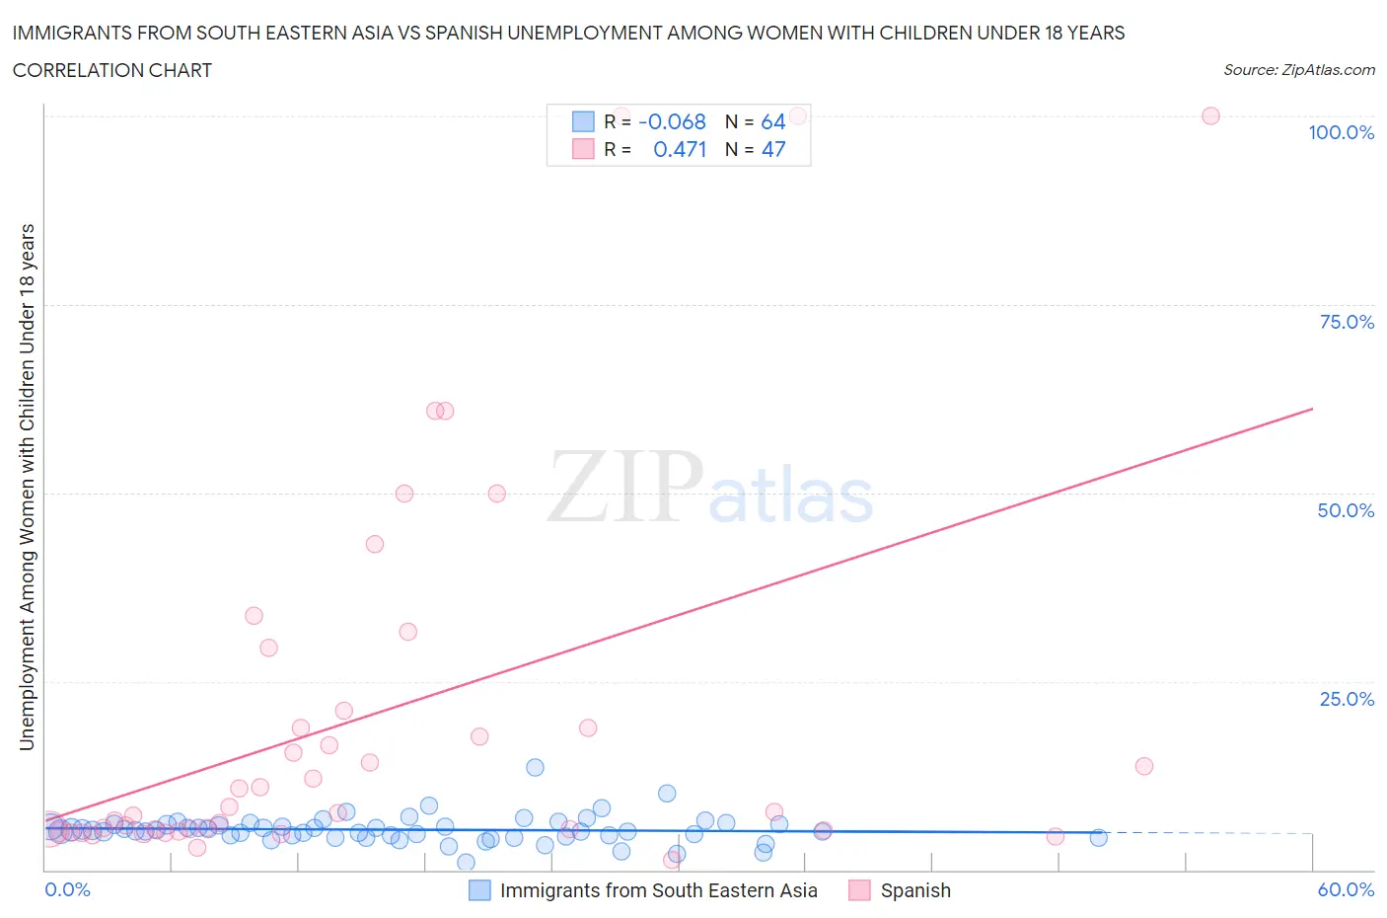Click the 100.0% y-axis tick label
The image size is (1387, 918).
pos(1341,132)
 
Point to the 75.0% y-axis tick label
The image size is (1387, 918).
pos(1346,322)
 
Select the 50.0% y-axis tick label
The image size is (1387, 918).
pos(1345,510)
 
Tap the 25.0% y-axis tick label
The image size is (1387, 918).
pos(1346,699)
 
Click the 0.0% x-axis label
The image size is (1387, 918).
pos(67,889)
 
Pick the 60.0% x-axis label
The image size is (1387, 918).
pos(1345,889)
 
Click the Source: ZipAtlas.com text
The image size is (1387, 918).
pos(1298,70)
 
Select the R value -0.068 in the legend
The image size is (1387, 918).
pos(672,121)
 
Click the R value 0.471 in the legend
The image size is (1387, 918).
pos(680,149)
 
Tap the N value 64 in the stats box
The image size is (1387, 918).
pos(772,121)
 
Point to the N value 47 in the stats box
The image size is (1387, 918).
pos(772,149)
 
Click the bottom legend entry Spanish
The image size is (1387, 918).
pos(914,890)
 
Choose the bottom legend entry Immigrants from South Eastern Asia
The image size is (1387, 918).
pos(658,890)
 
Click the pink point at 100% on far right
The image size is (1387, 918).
pos(1210,115)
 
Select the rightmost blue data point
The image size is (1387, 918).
pos(1098,837)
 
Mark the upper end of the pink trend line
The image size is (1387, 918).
pos(1312,408)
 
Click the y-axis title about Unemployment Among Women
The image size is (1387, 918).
pos(27,487)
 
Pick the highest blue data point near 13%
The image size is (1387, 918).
pos(535,767)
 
